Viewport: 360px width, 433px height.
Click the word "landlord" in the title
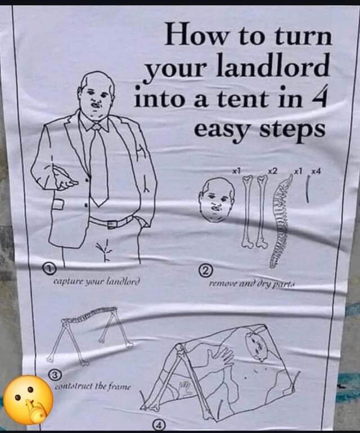tap(272, 66)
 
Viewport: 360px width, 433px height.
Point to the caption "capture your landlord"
tap(97, 282)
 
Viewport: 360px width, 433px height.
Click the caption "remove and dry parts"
tap(251, 284)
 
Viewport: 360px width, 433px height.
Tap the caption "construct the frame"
tap(93, 386)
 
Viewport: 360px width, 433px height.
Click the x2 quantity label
tap(272, 172)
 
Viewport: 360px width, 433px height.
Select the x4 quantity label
tap(316, 172)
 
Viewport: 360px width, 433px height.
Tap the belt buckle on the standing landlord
tap(112, 223)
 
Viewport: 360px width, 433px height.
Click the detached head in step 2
tap(217, 200)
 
